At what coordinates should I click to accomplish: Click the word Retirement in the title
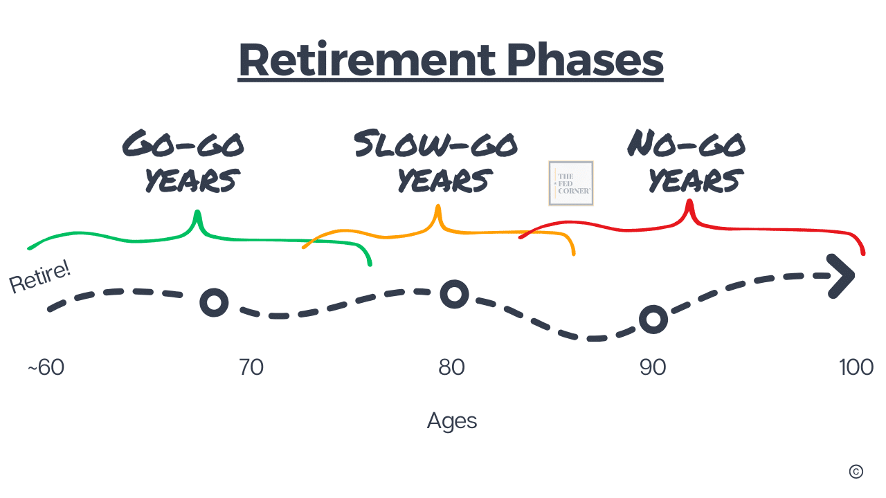pos(367,59)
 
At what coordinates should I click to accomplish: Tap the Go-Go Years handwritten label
pos(183,161)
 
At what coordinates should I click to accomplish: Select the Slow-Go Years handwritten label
pos(435,161)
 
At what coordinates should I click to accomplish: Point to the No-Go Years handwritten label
pos(687,161)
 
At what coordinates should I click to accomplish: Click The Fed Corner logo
pos(571,183)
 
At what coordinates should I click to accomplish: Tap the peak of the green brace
pos(197,212)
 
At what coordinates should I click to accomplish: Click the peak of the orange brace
pos(438,206)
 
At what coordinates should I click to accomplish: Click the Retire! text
pos(39,277)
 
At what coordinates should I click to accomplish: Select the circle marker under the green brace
pos(214,303)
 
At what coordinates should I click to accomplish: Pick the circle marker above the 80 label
pos(455,295)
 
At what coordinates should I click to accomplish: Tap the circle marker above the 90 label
pos(653,320)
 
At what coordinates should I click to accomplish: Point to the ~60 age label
pos(46,367)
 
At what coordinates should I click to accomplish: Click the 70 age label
pos(251,367)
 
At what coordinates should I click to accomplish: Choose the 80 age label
pos(451,367)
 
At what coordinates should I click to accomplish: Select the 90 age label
pos(653,367)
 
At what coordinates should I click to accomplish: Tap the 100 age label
pos(856,367)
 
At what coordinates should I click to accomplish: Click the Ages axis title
pos(452,421)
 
